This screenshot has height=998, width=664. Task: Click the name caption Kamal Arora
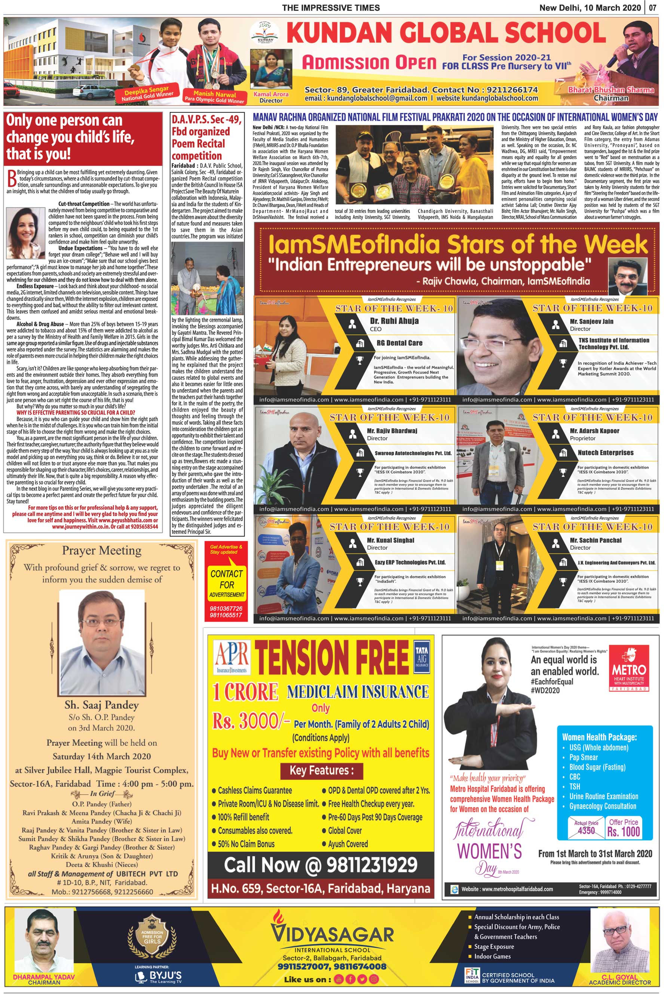coord(270,94)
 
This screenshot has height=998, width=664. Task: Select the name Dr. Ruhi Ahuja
coord(394,321)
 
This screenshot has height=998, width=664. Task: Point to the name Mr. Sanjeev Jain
coord(591,321)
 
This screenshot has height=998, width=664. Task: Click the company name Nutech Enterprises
coord(606,452)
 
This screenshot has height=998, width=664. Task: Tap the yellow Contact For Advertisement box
coord(227,585)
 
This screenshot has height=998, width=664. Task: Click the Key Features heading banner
coord(321,770)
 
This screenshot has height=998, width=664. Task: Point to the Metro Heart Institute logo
coord(628,668)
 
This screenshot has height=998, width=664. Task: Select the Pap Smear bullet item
coord(583,757)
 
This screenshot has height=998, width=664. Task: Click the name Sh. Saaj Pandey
coord(102,705)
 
